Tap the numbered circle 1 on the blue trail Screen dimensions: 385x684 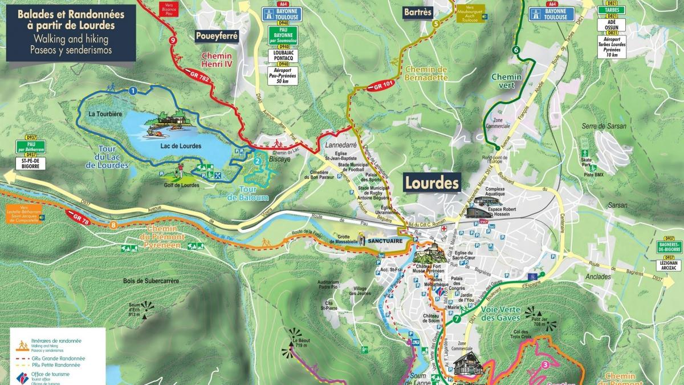[x=132, y=90]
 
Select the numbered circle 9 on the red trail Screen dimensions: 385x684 [x=172, y=40]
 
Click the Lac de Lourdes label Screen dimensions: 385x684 [x=181, y=146]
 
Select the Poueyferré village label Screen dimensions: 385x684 [x=217, y=35]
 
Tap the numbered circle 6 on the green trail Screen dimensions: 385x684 [x=516, y=50]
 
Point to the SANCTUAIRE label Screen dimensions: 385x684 [x=389, y=241]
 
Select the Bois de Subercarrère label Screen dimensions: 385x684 [x=151, y=281]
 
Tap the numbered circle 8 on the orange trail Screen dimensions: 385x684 [x=114, y=225]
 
